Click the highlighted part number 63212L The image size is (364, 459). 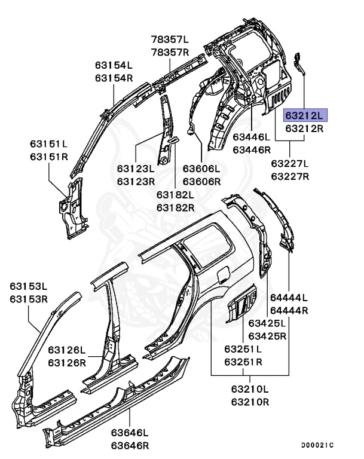point(304,115)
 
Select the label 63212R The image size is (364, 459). point(304,128)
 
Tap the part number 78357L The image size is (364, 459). point(169,39)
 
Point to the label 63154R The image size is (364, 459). point(114,78)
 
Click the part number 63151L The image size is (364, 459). point(50,144)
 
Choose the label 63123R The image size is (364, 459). point(136,181)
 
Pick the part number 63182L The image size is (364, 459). point(176,195)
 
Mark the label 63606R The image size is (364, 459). point(201,181)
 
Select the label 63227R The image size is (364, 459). point(290,176)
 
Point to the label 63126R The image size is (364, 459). point(67,362)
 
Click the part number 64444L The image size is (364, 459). point(289,298)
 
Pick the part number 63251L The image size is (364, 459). point(243,349)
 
